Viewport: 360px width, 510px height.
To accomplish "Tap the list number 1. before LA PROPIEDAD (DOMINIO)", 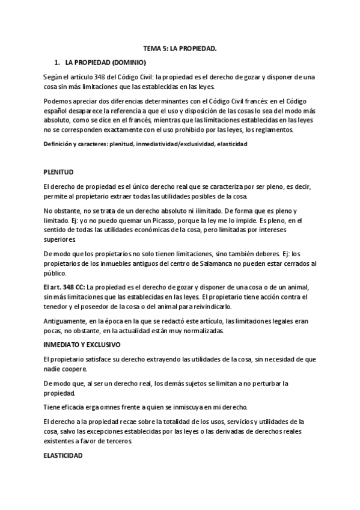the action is point(56,62).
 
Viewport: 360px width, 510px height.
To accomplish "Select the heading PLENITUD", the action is point(59,171).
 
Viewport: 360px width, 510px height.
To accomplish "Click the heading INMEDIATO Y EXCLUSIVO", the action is point(82,345).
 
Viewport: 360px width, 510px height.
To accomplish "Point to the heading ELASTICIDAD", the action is point(63,456).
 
